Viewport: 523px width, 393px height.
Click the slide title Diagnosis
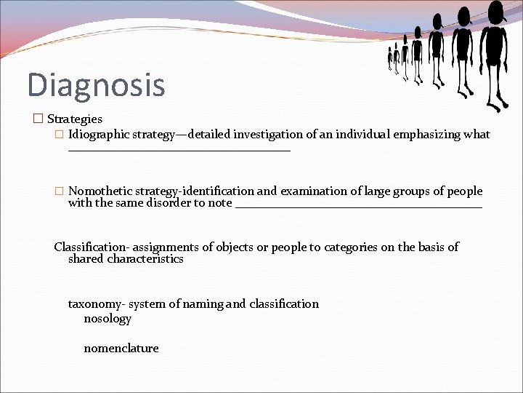(x=96, y=84)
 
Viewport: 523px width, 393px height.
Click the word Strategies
(x=75, y=119)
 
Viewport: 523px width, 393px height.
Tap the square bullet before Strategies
(x=38, y=119)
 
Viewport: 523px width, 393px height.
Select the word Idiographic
(x=99, y=135)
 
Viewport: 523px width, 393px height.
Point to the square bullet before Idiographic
(x=60, y=135)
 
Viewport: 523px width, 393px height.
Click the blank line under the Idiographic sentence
(x=179, y=149)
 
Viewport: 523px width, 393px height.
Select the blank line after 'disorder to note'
(x=359, y=207)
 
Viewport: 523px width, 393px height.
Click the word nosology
(x=108, y=319)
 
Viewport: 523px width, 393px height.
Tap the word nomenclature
(x=121, y=349)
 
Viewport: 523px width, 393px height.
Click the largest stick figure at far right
(x=495, y=51)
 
